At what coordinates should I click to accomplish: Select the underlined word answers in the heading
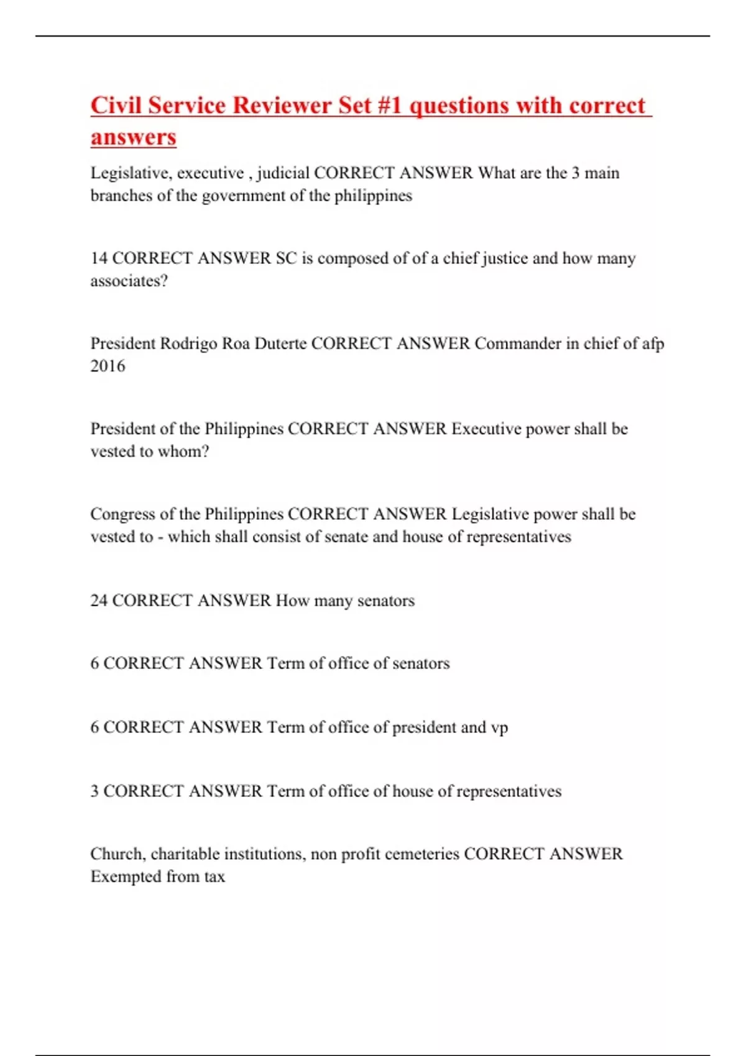click(133, 137)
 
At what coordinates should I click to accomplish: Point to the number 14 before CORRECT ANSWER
click(99, 258)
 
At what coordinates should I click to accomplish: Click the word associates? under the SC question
click(129, 281)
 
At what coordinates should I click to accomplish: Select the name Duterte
click(280, 344)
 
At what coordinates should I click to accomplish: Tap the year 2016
click(108, 366)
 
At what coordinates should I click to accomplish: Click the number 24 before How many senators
click(99, 601)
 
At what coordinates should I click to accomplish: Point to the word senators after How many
click(385, 601)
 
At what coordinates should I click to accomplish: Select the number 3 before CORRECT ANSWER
click(94, 791)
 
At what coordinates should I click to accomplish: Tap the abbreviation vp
click(499, 727)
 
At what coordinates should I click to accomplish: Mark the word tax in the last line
click(214, 876)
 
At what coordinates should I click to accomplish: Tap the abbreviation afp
click(652, 344)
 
